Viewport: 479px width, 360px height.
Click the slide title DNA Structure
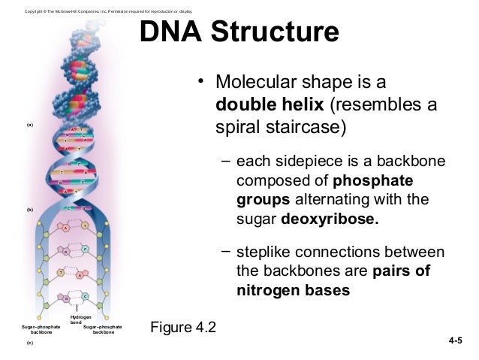point(239,34)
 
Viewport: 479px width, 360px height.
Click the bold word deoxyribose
point(331,221)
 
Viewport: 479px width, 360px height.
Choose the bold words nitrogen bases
point(293,290)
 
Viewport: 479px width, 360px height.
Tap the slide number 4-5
point(455,342)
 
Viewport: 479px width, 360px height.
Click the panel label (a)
point(30,124)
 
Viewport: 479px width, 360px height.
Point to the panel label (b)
point(30,209)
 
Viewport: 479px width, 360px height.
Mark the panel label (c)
point(30,342)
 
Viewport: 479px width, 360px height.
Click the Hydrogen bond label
point(80,320)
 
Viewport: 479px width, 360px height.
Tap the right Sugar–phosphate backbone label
point(103,330)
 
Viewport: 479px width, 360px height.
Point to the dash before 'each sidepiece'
point(226,162)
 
